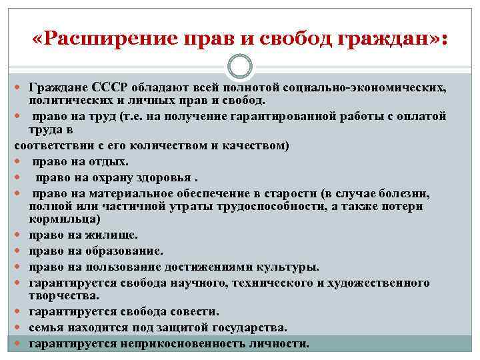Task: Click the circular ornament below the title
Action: (239, 66)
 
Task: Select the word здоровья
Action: (167, 177)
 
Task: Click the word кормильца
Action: (64, 218)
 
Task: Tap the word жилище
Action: (116, 235)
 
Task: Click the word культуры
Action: (283, 267)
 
